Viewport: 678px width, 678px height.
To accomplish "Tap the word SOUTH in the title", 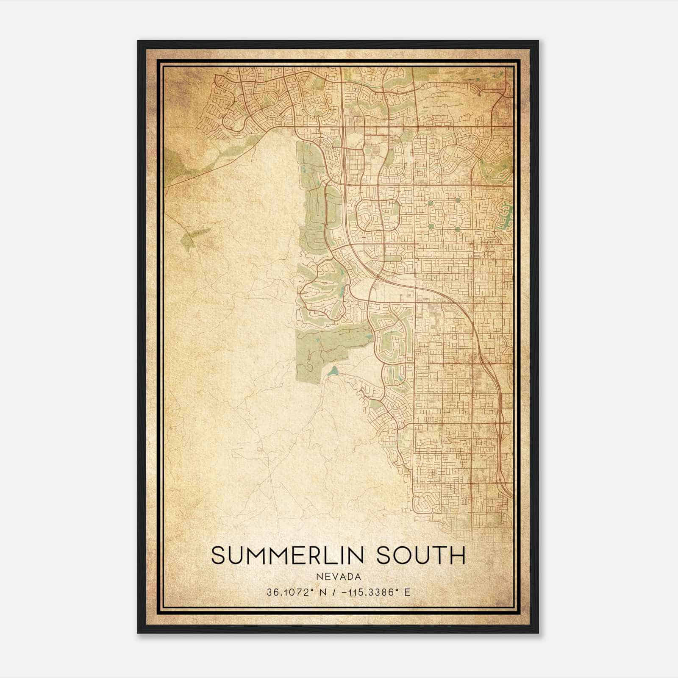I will pyautogui.click(x=421, y=555).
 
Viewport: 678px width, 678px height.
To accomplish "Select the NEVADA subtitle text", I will pyautogui.click(x=339, y=576).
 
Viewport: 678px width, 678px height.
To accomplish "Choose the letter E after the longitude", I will pyautogui.click(x=408, y=592).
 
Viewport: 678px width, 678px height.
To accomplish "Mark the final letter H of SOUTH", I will pyautogui.click(x=458, y=555).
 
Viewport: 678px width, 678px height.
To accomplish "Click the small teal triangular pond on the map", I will pyautogui.click(x=333, y=372).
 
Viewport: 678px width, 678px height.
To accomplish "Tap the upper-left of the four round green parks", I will pyautogui.click(x=431, y=203).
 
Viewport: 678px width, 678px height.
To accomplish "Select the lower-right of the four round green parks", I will pyautogui.click(x=458, y=229).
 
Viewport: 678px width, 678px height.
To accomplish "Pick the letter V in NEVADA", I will pyautogui.click(x=333, y=576).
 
